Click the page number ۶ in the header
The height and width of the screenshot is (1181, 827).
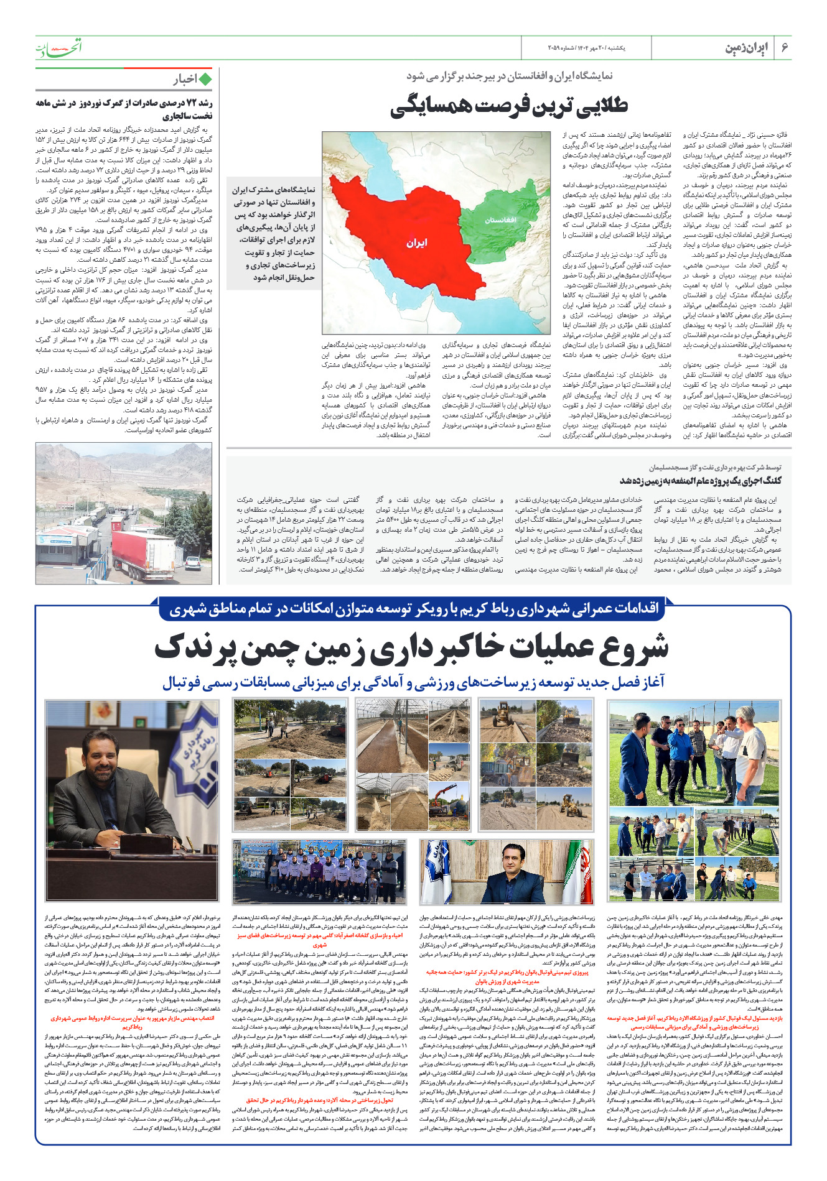tap(785, 48)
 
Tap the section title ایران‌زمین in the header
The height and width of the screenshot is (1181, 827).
tap(747, 49)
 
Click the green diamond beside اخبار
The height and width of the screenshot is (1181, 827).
tap(205, 80)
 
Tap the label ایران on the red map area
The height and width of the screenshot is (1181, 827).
tap(417, 242)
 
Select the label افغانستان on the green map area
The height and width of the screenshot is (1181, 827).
tap(500, 220)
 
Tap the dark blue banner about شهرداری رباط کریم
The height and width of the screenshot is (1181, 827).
tap(413, 608)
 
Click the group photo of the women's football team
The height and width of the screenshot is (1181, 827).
tap(319, 870)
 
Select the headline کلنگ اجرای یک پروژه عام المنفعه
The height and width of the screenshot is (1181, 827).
tap(700, 480)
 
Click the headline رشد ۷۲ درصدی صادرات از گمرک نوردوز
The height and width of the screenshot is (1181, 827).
tap(124, 109)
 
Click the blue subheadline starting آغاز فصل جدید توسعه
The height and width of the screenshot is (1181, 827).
tap(413, 683)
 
